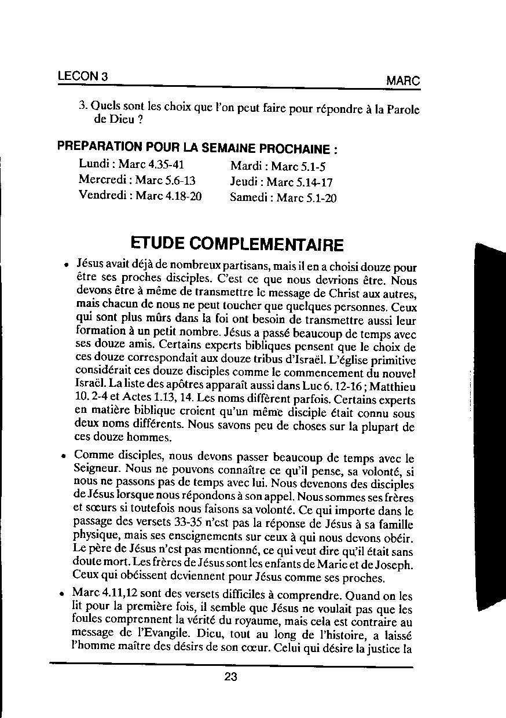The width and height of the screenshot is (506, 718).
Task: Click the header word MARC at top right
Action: coord(403,81)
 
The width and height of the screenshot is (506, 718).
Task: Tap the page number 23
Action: coord(231,676)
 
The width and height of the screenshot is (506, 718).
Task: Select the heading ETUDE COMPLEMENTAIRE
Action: coord(237,244)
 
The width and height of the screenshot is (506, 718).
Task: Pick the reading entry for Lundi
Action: coord(131,164)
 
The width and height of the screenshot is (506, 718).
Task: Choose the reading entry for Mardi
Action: coord(278,167)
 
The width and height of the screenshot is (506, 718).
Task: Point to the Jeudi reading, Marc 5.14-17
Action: coord(281,182)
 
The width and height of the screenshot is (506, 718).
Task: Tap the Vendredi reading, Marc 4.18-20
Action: coord(140,195)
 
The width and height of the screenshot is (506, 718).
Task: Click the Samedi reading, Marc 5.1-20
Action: coord(283,197)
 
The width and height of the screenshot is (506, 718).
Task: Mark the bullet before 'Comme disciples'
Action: coord(63,456)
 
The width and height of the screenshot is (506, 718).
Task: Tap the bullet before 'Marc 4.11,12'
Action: coord(61,594)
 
